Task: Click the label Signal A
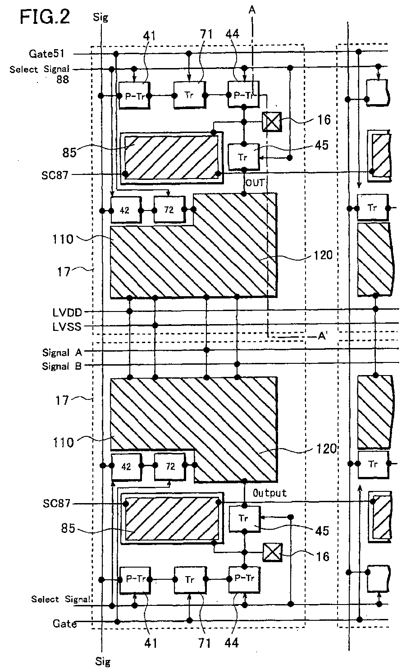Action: click(62, 353)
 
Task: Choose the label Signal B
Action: click(62, 367)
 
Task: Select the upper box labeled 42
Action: click(126, 210)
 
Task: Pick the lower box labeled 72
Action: click(170, 467)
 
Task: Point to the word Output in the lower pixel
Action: click(269, 493)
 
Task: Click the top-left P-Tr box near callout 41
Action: click(134, 96)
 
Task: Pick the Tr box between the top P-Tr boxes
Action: click(189, 96)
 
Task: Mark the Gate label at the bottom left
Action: click(64, 623)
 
